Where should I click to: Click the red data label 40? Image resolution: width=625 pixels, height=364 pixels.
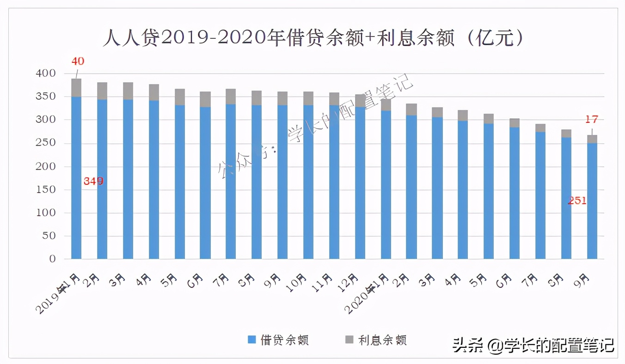coord(78,61)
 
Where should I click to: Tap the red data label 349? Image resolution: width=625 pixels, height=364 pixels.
coord(93,182)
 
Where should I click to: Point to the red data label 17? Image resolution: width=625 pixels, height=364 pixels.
coord(592,120)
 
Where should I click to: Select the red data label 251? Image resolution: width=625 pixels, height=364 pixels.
coord(577,200)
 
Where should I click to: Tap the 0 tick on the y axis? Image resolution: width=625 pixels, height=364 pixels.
coord(52,259)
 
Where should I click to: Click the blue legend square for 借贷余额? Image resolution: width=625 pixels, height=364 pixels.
coord(252,340)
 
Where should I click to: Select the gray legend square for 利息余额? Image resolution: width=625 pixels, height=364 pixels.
coord(349,340)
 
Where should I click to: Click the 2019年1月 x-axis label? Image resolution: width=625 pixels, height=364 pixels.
coord(59,293)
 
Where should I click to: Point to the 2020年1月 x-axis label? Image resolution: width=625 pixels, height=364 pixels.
coord(369,293)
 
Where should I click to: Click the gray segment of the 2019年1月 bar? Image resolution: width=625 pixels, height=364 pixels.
coord(76,88)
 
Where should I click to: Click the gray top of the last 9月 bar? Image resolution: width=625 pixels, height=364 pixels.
coord(592,139)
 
